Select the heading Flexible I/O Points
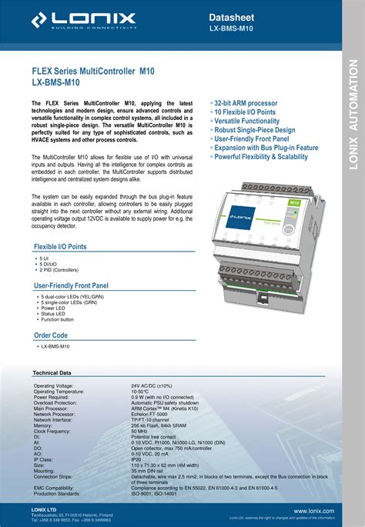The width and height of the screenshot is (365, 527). tap(60, 247)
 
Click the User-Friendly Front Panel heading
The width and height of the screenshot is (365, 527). tap(71, 285)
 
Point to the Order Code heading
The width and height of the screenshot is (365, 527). tap(51, 335)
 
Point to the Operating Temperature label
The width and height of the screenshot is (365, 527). tap(62, 391)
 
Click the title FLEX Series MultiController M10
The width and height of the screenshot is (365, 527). tap(92, 70)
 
